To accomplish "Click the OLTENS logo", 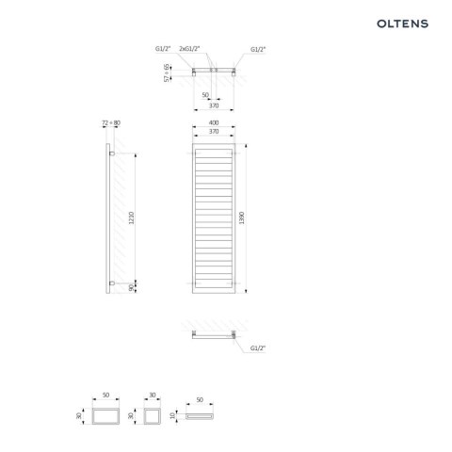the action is click(x=402, y=24).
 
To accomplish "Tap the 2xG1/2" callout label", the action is click(x=189, y=49).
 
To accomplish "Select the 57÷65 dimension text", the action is click(x=167, y=73).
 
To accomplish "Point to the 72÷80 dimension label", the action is click(x=111, y=123).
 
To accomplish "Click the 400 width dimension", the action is click(x=214, y=122).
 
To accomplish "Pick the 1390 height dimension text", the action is click(x=241, y=218).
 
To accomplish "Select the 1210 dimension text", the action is click(x=131, y=218).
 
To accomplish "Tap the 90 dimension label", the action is click(x=131, y=287).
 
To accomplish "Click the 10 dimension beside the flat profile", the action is click(x=172, y=415).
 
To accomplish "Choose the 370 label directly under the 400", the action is click(x=214, y=132).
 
